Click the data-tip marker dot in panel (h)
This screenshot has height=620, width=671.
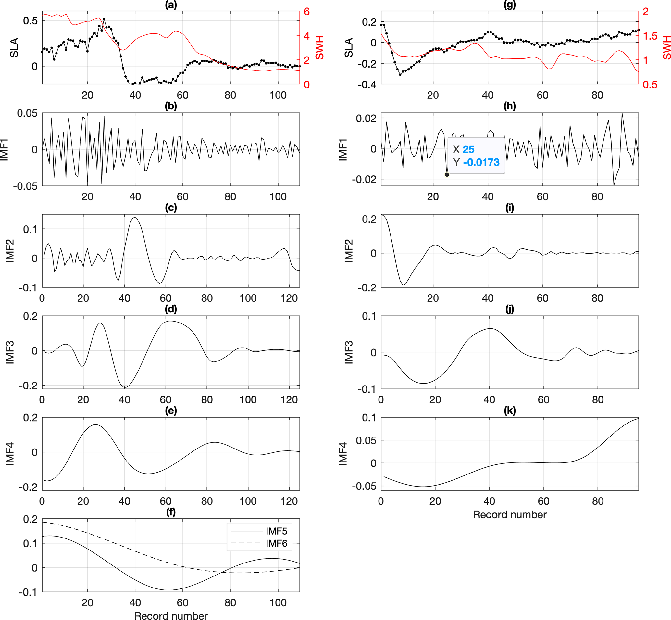[447, 174]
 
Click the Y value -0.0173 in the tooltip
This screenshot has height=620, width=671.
[481, 162]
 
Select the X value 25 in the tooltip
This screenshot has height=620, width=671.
[468, 149]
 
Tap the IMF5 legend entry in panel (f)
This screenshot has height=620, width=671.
[276, 531]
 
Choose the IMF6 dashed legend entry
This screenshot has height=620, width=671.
[276, 543]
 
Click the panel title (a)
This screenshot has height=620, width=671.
[171, 5]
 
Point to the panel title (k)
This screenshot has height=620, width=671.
[510, 411]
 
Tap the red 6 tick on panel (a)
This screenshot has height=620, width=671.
[306, 12]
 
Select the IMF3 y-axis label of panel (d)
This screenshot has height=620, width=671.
[10, 352]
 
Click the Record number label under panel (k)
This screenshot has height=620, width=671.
[510, 515]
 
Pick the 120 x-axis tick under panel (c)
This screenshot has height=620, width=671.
[289, 298]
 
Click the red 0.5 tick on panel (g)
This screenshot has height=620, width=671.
[650, 85]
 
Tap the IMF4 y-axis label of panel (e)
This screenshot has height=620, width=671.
[10, 454]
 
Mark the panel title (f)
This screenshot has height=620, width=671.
[171, 512]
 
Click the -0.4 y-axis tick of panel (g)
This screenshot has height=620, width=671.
[367, 85]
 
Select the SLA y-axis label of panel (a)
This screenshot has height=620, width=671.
[14, 48]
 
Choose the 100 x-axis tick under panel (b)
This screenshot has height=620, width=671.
[278, 196]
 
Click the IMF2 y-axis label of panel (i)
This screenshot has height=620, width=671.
[349, 251]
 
